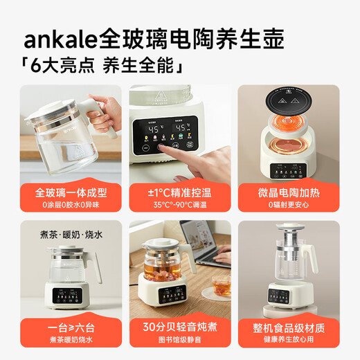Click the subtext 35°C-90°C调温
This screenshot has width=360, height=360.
point(179,206)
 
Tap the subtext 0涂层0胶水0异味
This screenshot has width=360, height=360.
point(68,206)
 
